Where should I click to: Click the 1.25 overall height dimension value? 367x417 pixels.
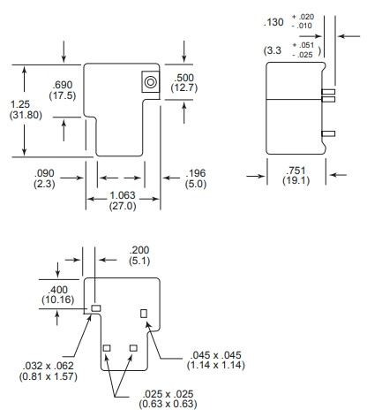click(x=20, y=104)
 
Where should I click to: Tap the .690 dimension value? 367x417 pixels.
click(x=63, y=85)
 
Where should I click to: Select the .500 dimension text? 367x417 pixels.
click(x=183, y=78)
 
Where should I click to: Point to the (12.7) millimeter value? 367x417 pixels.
click(x=184, y=87)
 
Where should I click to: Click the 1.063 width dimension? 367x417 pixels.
click(x=123, y=195)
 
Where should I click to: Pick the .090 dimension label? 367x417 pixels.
click(x=44, y=173)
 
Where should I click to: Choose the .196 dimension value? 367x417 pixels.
click(x=196, y=173)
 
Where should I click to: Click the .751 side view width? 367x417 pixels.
click(x=296, y=171)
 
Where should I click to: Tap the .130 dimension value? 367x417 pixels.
click(x=273, y=22)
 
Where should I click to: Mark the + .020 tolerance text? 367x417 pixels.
click(x=303, y=17)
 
